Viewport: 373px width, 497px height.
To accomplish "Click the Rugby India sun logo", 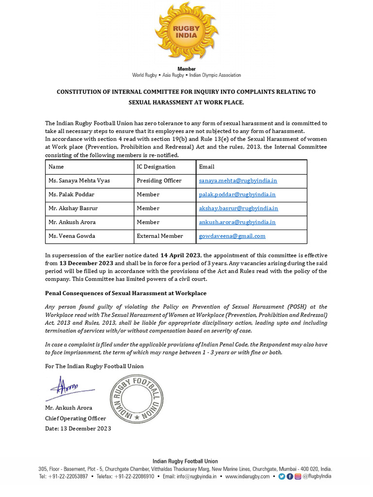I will click(x=186, y=33).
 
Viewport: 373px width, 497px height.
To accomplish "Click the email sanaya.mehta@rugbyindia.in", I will click(x=238, y=181).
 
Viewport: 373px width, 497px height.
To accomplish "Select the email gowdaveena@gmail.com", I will click(x=232, y=236).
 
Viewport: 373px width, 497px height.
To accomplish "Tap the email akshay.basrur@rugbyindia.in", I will click(x=238, y=208).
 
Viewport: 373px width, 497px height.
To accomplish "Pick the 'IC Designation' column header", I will click(x=156, y=166).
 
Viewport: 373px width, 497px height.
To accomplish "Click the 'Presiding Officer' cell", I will click(x=159, y=181).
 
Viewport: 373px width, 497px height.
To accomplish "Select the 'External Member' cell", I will click(x=160, y=236).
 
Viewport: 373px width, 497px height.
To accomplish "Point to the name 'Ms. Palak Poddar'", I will click(x=71, y=195).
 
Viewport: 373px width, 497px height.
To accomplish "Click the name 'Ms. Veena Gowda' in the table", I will click(x=71, y=236).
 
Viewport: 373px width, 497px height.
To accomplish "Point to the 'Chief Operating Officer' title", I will click(x=75, y=418).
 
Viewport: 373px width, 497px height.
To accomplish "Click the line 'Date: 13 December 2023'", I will click(x=78, y=429).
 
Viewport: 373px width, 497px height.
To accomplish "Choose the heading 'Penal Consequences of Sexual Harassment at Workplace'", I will click(x=126, y=294).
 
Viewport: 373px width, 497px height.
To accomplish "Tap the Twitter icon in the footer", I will click(x=281, y=477).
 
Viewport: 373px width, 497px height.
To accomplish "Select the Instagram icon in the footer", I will click(x=298, y=477).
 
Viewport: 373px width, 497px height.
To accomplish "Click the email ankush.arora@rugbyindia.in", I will click(x=237, y=222).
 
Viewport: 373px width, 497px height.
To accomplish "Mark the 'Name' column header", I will click(x=56, y=166).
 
